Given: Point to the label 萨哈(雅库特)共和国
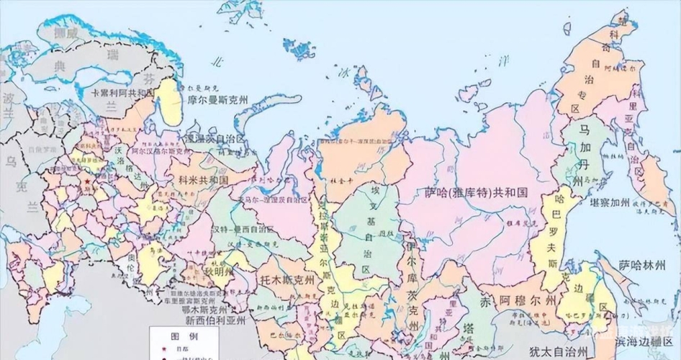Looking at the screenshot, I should [x=476, y=193].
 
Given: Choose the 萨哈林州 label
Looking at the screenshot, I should [x=646, y=266].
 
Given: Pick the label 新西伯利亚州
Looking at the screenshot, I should [x=215, y=320].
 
